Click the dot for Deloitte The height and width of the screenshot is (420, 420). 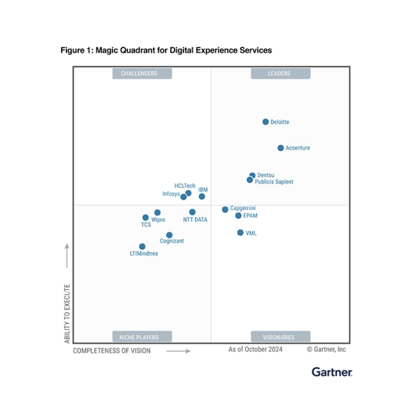(266, 122)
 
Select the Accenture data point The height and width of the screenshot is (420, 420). (281, 148)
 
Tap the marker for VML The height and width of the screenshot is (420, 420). (240, 233)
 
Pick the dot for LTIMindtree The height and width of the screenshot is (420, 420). (142, 247)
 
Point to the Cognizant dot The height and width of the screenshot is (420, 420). (169, 235)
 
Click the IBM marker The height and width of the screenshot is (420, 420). (202, 196)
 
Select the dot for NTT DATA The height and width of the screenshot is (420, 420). (192, 212)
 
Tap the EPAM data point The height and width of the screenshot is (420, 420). (238, 215)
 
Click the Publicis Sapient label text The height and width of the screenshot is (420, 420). (274, 182)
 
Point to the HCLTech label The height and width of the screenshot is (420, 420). (185, 186)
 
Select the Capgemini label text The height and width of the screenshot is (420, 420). (243, 208)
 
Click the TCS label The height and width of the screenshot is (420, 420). (146, 224)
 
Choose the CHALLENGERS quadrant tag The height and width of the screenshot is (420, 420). (142, 73)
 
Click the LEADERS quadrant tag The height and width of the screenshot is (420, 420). (280, 73)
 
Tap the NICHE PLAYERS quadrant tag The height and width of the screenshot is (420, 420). (142, 337)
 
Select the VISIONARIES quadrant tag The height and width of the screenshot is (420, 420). (280, 337)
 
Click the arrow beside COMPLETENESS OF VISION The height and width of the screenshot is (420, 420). (178, 351)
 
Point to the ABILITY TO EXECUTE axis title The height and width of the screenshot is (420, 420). (67, 313)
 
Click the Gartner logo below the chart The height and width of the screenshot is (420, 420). (332, 372)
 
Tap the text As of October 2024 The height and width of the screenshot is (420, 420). (255, 349)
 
